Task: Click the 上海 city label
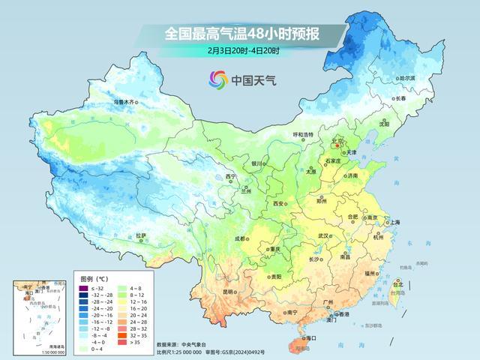pyautogui.click(x=392, y=222)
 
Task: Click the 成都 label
pyautogui.click(x=240, y=238)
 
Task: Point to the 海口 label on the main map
pyautogui.click(x=304, y=338)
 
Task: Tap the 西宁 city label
pyautogui.click(x=231, y=177)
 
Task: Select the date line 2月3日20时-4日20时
pyautogui.click(x=244, y=51)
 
